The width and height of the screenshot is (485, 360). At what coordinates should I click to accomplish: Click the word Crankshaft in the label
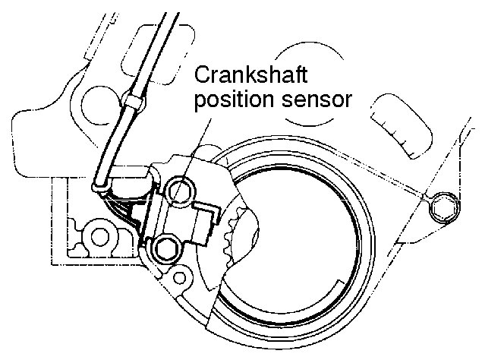pyautogui.click(x=254, y=75)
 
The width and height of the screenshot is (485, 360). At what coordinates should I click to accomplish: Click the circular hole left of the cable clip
pyautogui.click(x=98, y=98)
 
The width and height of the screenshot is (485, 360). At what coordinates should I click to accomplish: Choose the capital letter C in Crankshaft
pyautogui.click(x=203, y=75)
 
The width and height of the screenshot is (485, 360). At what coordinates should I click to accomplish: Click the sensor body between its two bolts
pyautogui.click(x=176, y=218)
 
